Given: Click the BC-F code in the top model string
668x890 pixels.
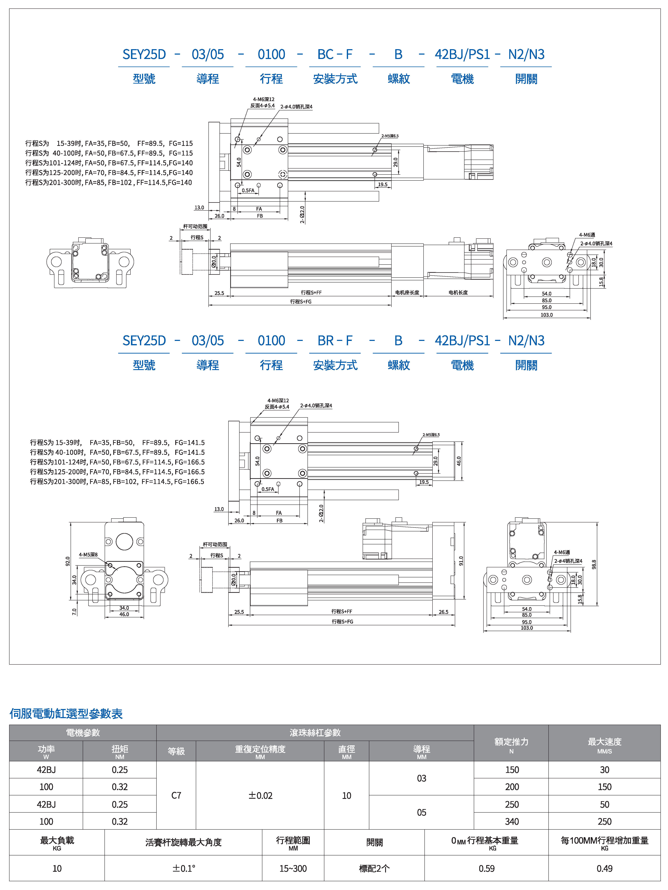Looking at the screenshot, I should (335, 54).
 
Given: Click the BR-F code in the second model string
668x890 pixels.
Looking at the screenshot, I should (335, 341).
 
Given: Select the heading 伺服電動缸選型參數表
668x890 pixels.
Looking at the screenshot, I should (66, 713).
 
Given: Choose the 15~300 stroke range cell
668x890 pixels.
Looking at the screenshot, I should (293, 868).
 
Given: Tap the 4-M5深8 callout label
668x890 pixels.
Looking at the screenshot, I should (88, 554).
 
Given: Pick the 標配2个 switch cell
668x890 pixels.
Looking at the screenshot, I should (374, 868).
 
